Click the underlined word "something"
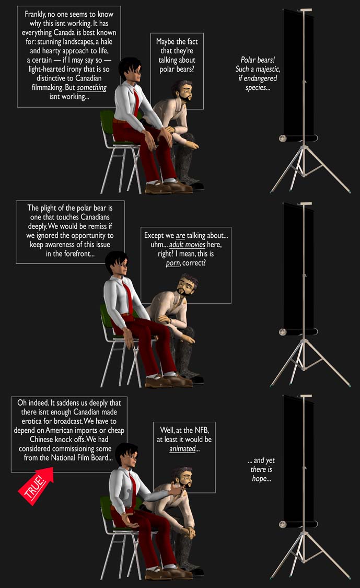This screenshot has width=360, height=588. click(x=91, y=87)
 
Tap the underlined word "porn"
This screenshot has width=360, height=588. click(x=173, y=263)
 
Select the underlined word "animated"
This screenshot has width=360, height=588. click(x=183, y=448)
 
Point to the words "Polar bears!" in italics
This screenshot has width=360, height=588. click(x=258, y=60)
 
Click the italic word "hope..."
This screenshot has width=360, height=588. click(x=261, y=478)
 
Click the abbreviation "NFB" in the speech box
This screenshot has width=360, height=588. click(x=201, y=430)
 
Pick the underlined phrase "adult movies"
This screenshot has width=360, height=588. click(x=187, y=245)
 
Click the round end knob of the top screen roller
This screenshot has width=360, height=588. click(x=283, y=139)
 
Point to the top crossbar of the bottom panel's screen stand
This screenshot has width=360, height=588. click(x=306, y=396)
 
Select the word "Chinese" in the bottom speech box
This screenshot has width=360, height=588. click(x=42, y=439)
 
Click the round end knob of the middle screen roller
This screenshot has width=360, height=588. click(x=283, y=332)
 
